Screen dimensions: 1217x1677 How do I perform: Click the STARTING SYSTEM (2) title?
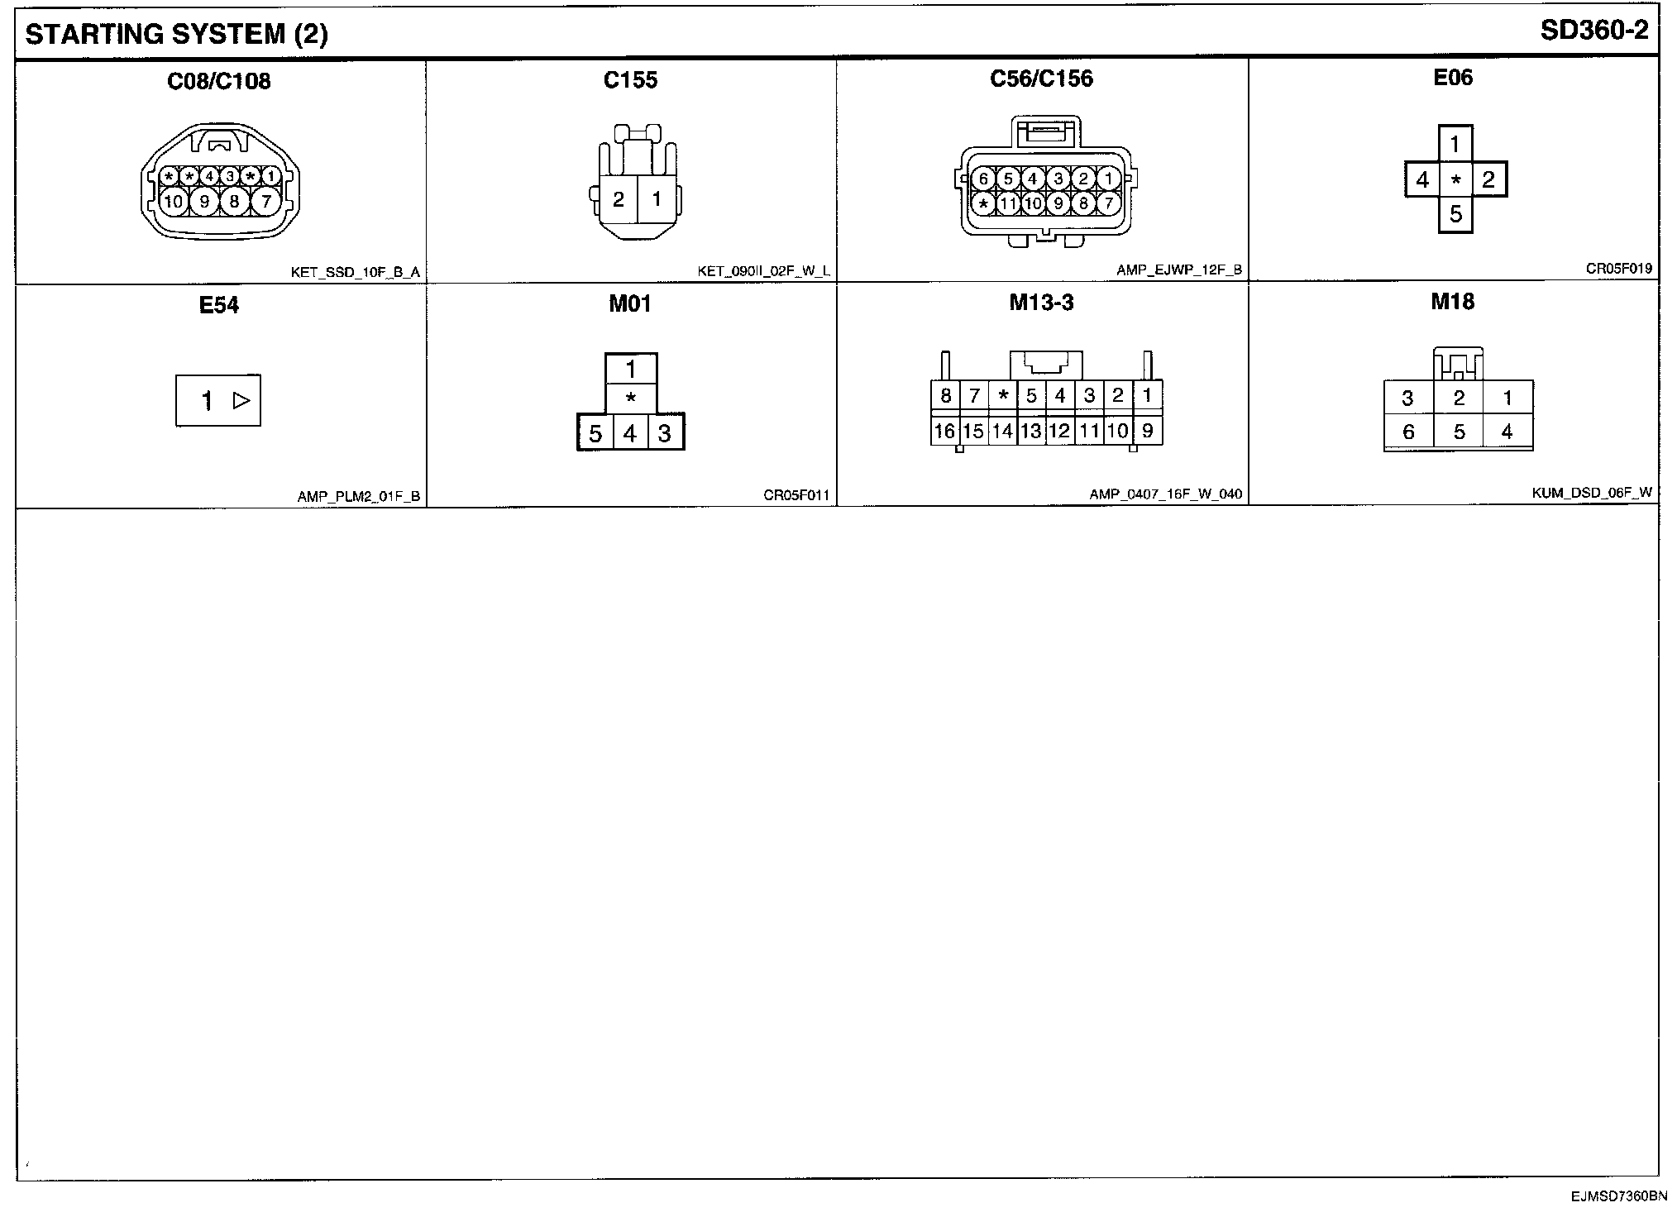click(176, 34)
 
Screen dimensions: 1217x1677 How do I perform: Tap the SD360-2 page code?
click(1594, 31)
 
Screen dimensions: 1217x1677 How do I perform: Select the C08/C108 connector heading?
click(219, 81)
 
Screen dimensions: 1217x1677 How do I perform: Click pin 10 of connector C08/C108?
click(174, 201)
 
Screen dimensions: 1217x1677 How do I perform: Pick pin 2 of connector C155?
click(619, 200)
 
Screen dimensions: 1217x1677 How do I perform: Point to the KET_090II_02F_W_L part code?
click(763, 271)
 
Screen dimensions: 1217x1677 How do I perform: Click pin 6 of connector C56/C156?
click(983, 179)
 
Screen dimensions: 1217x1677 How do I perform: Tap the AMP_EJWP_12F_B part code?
click(1178, 270)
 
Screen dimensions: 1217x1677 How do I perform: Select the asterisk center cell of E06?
click(1456, 179)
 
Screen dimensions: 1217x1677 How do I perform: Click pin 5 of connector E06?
click(1456, 215)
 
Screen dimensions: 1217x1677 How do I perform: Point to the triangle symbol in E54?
click(241, 401)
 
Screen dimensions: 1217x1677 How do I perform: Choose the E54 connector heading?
click(219, 305)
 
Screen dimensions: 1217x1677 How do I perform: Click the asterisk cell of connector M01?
click(631, 399)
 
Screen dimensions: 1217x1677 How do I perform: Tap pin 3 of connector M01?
click(665, 433)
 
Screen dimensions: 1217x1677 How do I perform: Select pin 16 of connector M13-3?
click(944, 431)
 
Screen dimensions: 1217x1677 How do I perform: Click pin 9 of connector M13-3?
click(1147, 430)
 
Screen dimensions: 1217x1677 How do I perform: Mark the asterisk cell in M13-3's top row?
click(1003, 395)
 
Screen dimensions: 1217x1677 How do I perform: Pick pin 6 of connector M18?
click(1409, 432)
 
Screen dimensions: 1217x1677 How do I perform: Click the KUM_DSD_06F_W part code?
click(1592, 493)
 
